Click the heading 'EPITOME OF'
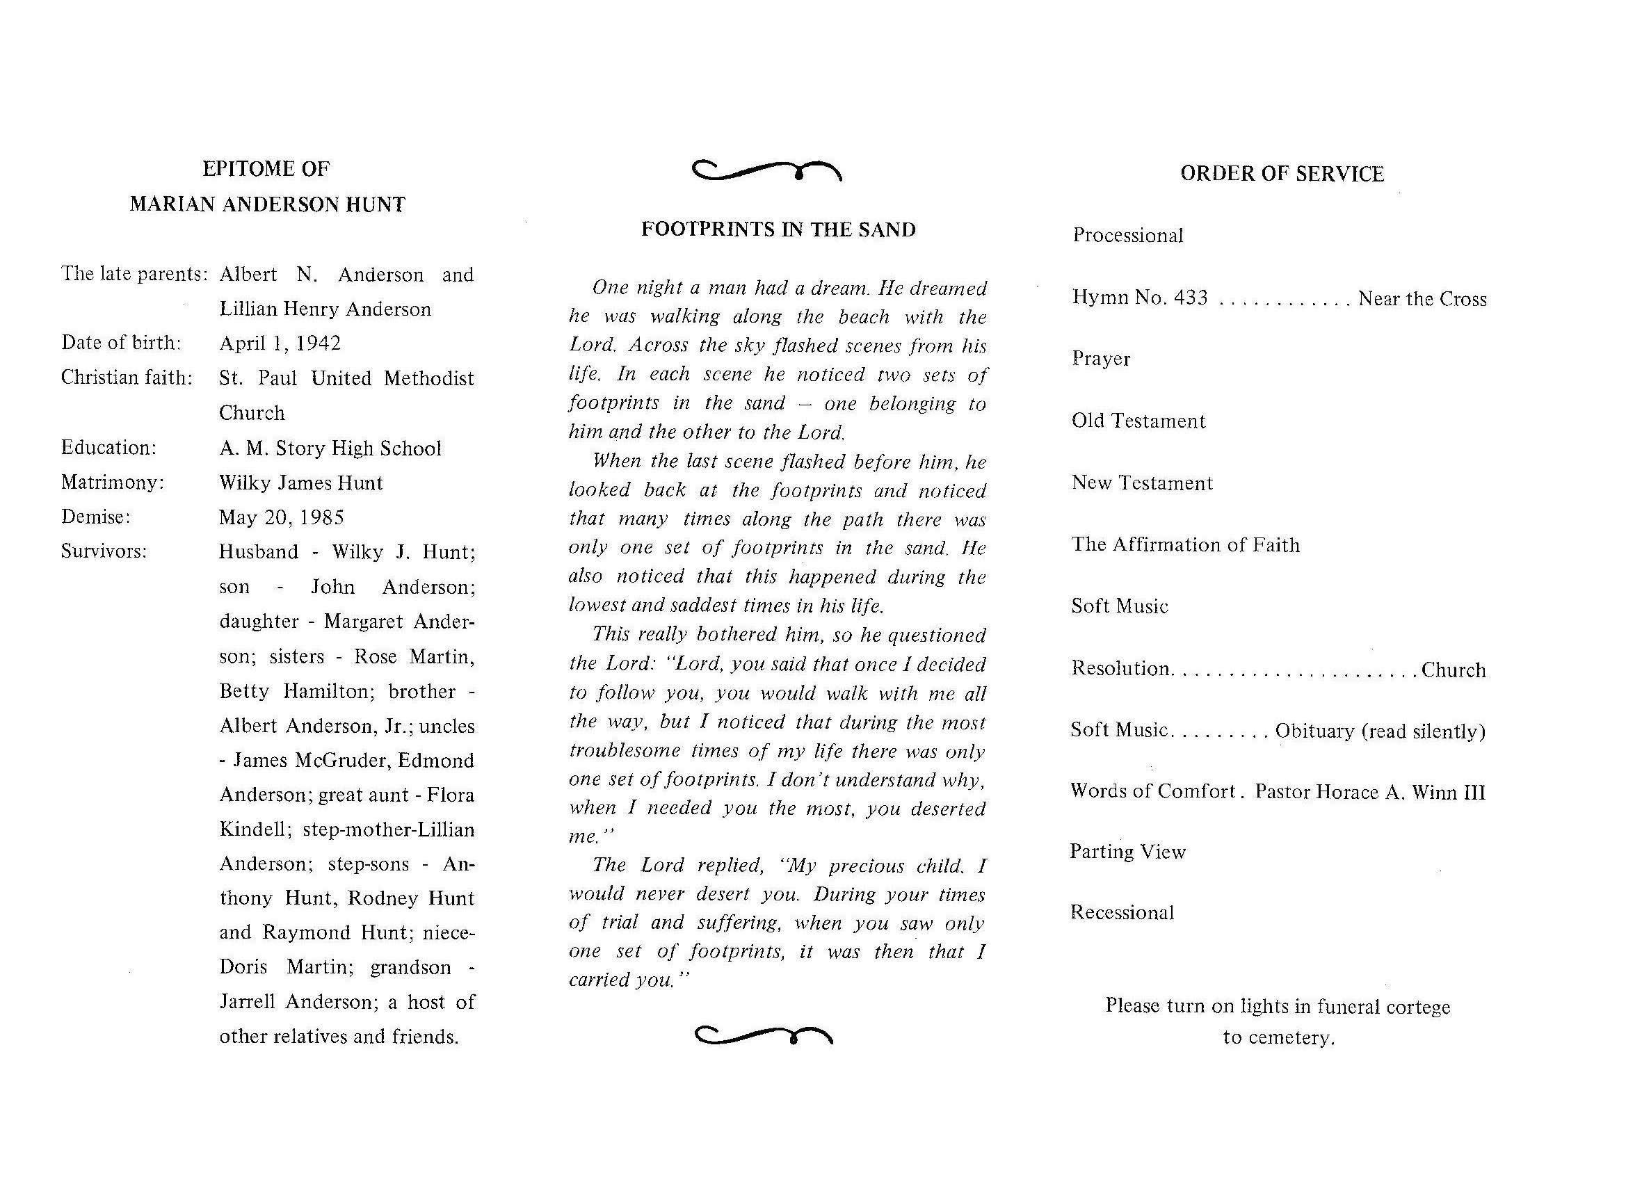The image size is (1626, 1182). pos(266,169)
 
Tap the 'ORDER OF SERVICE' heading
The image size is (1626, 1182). pos(1282,175)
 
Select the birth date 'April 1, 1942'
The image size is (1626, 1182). pos(280,343)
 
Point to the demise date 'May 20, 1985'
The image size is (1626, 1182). pos(281,517)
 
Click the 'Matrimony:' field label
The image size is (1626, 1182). pos(113,483)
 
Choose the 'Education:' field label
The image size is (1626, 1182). pos(108,448)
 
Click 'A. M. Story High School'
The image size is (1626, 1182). pos(330,448)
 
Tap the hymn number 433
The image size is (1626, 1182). pos(1191,298)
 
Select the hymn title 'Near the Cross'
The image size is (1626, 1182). pos(1422,299)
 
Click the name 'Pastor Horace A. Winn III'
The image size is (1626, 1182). pos(1370,792)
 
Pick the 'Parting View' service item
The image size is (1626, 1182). pos(1128,852)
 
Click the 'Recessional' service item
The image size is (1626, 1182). pos(1122,912)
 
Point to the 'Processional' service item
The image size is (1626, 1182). pos(1128,236)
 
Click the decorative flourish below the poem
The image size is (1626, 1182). pos(764,1036)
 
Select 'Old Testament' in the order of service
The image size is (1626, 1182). pos(1138,421)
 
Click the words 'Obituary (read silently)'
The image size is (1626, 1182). pos(1380,731)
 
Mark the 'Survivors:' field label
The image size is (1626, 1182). pos(104,551)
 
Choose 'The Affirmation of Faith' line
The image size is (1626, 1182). pos(1185,545)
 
